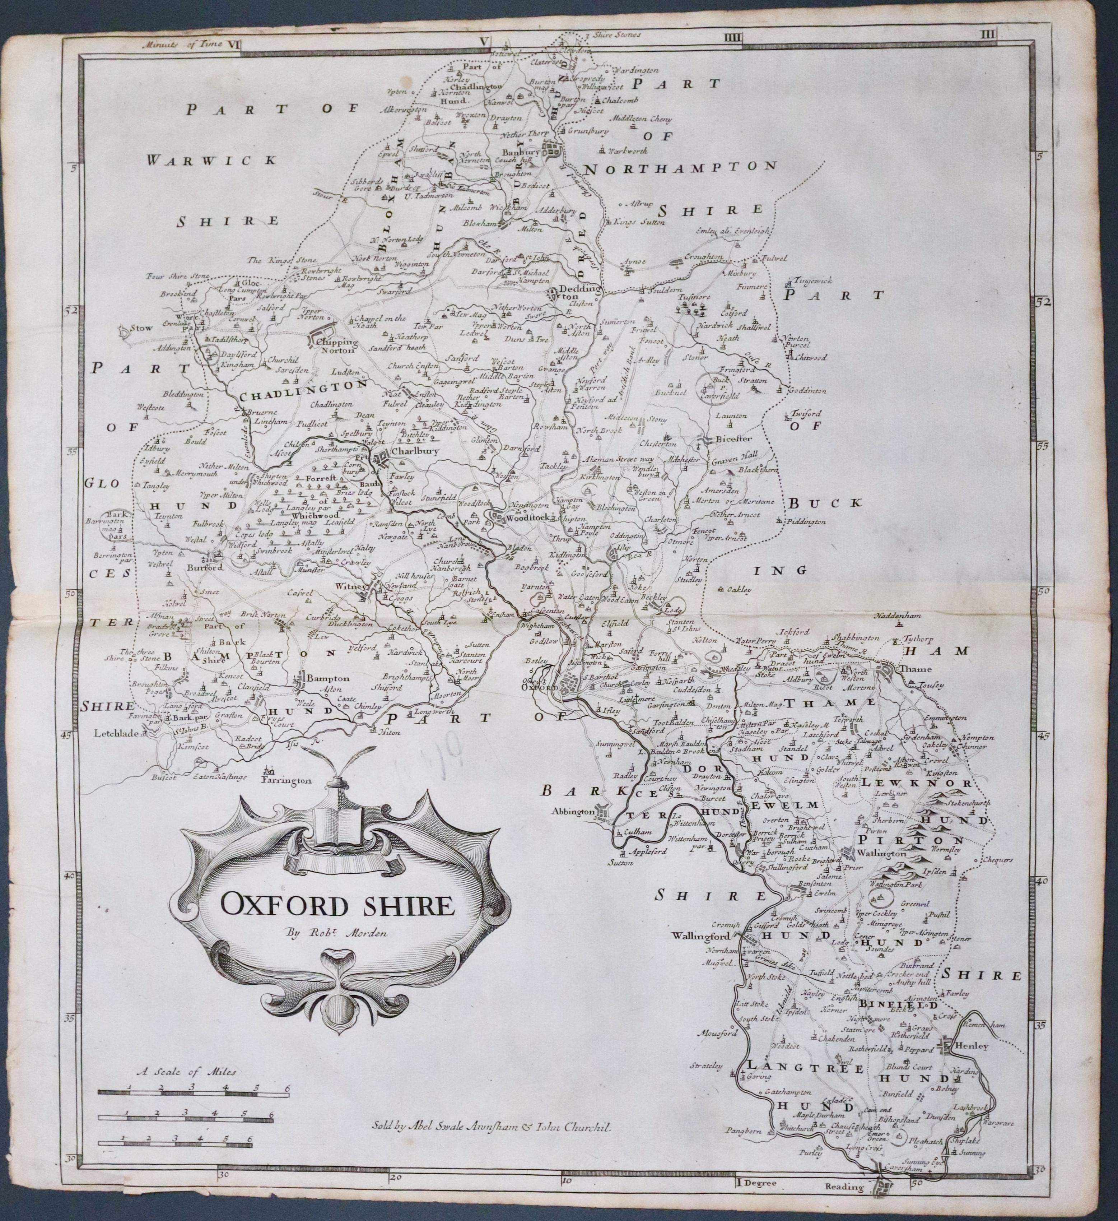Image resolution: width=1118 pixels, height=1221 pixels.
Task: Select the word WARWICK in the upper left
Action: (211, 160)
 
